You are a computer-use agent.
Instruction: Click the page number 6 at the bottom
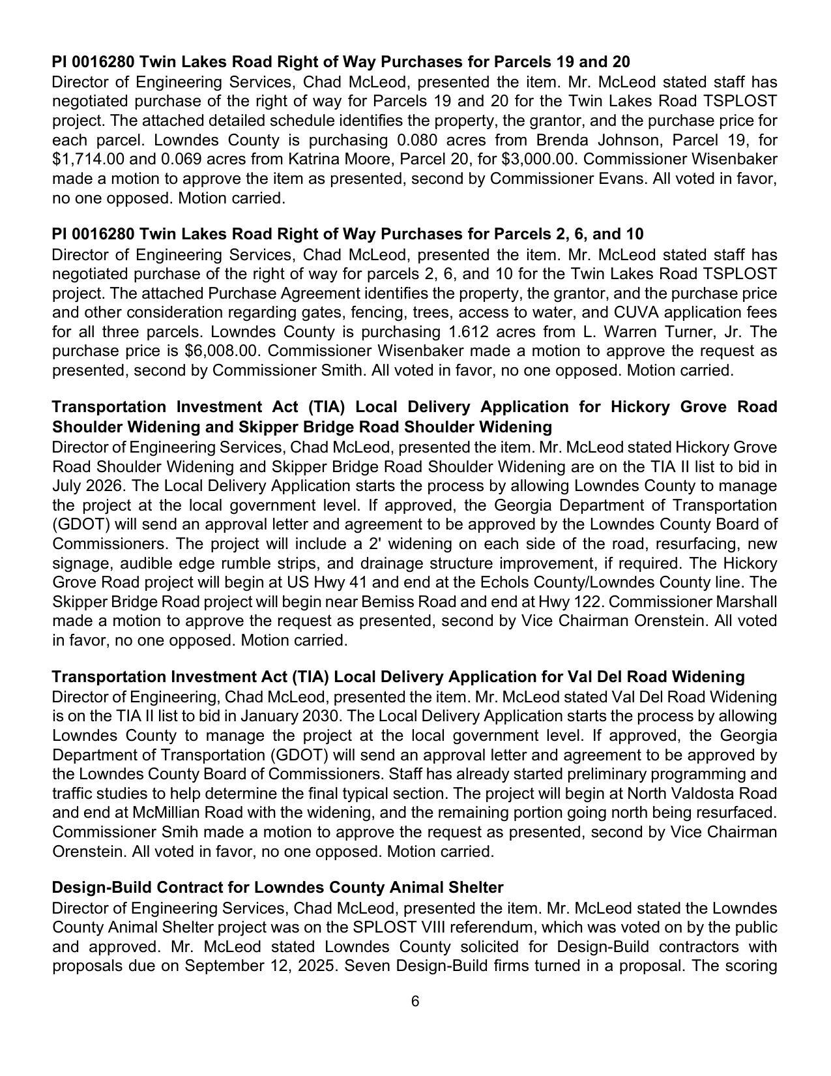click(x=415, y=1002)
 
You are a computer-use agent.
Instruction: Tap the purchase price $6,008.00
click(x=223, y=351)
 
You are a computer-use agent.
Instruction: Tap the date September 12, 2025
click(x=260, y=966)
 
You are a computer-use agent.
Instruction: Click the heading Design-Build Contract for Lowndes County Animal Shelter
click(x=277, y=888)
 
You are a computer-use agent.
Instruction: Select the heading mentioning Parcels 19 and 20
click(x=341, y=62)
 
